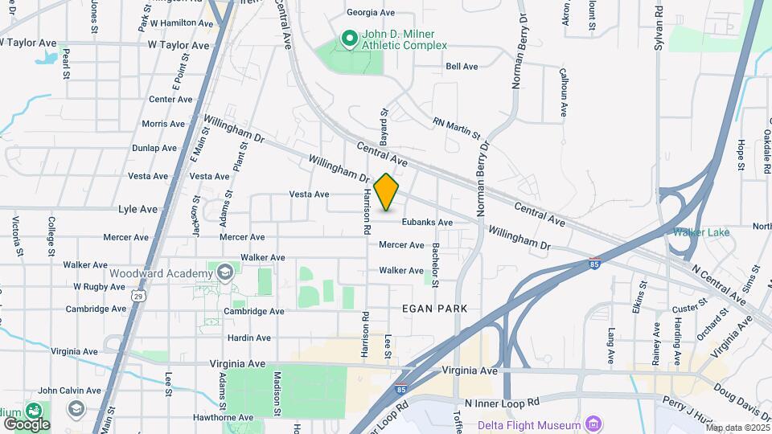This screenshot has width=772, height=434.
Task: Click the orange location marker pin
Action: pyautogui.click(x=387, y=192)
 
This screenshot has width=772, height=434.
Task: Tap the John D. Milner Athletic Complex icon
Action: pyautogui.click(x=349, y=38)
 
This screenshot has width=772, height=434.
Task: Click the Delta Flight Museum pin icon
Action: pyautogui.click(x=593, y=424)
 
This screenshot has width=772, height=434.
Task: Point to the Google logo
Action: pyautogui.click(x=27, y=424)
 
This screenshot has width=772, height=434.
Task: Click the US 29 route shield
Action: pyautogui.click(x=138, y=297)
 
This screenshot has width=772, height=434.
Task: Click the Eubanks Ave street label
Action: pyautogui.click(x=427, y=222)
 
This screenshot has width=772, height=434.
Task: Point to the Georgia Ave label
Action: pyautogui.click(x=371, y=13)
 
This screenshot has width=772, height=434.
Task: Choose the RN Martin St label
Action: pyautogui.click(x=456, y=126)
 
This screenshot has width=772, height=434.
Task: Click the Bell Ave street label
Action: pyautogui.click(x=462, y=67)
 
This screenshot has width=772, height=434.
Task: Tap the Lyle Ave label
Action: pyautogui.click(x=138, y=209)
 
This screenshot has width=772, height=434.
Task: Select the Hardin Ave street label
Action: pyautogui.click(x=248, y=338)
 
